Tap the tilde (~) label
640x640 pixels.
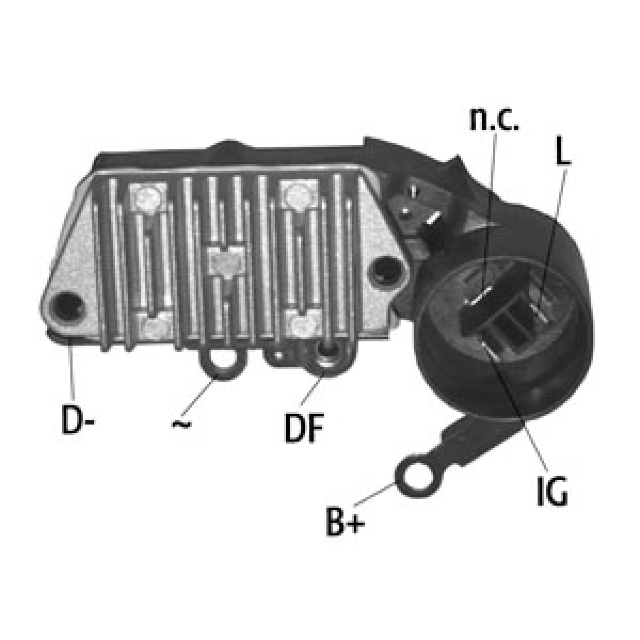tap(181, 424)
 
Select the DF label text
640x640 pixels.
tap(304, 428)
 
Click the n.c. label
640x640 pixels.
tap(494, 119)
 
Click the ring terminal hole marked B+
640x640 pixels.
tap(418, 479)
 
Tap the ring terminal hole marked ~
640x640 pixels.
tap(222, 361)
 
